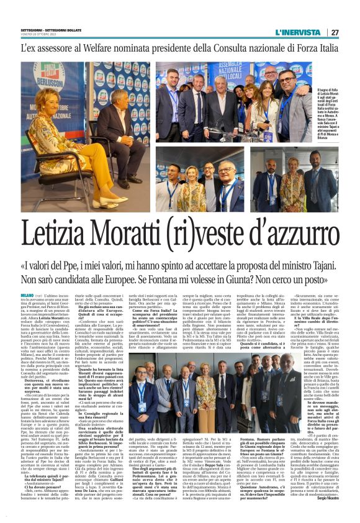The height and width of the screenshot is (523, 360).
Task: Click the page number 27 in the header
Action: [334, 32]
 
